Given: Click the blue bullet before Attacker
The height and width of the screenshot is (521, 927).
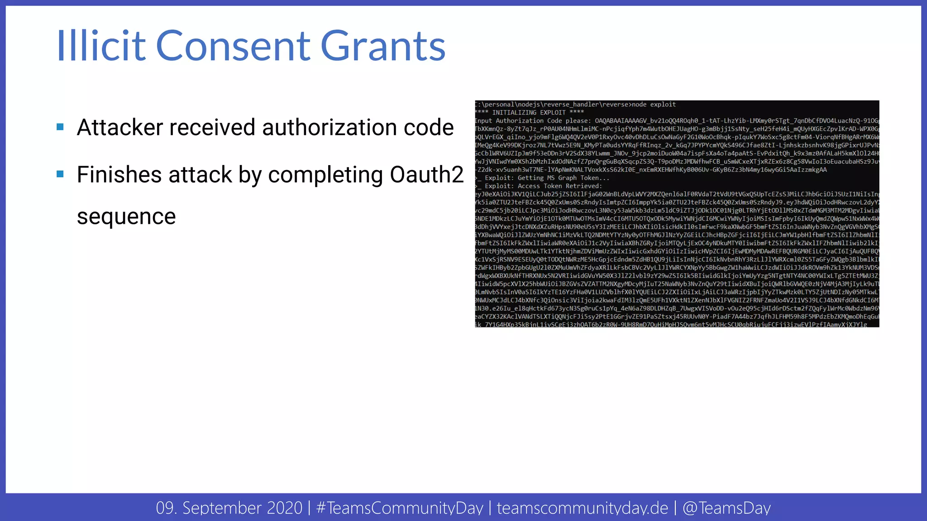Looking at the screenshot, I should pos(60,127).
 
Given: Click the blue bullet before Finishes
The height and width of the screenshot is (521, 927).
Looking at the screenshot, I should pos(60,174).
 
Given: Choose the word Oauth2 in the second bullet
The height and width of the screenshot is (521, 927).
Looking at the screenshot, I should pos(426,175).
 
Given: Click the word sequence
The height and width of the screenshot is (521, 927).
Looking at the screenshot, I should pos(126,217).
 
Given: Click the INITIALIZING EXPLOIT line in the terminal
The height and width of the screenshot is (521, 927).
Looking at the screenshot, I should pos(530,113).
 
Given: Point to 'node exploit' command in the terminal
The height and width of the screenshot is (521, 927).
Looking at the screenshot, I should pos(654,104).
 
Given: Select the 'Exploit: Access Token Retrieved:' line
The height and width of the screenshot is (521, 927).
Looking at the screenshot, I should pos(543,186).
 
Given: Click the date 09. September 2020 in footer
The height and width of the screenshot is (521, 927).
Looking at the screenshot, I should pos(229,508).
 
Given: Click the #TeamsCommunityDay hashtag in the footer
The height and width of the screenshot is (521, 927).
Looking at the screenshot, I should pos(400,508).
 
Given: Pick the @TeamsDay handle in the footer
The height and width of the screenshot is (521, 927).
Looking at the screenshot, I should pos(726,508).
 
